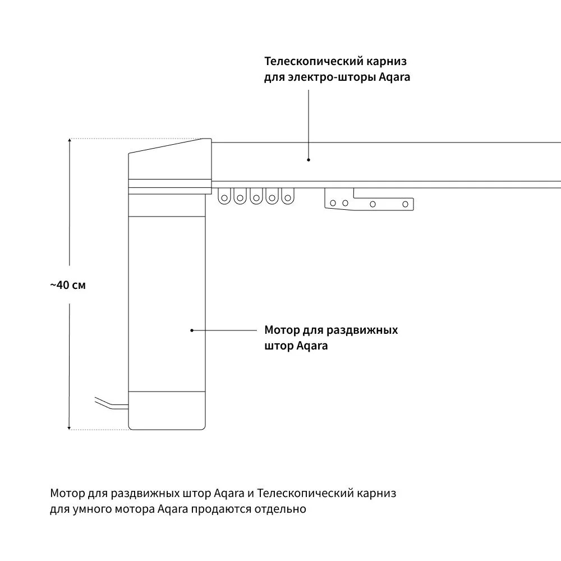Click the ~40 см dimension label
click(68, 285)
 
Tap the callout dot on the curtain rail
click(309, 160)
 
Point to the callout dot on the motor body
click(192, 330)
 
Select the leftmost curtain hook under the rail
click(224, 197)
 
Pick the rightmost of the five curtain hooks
click(288, 197)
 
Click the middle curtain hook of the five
click(256, 197)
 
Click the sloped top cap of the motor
click(170, 159)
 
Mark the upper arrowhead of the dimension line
click(70, 140)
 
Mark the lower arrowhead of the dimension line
click(70, 427)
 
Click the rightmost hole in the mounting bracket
click(405, 204)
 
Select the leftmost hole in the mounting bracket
click(333, 203)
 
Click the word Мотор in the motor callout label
click(282, 330)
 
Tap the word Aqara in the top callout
click(394, 77)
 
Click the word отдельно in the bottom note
click(280, 509)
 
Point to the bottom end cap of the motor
click(167, 411)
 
